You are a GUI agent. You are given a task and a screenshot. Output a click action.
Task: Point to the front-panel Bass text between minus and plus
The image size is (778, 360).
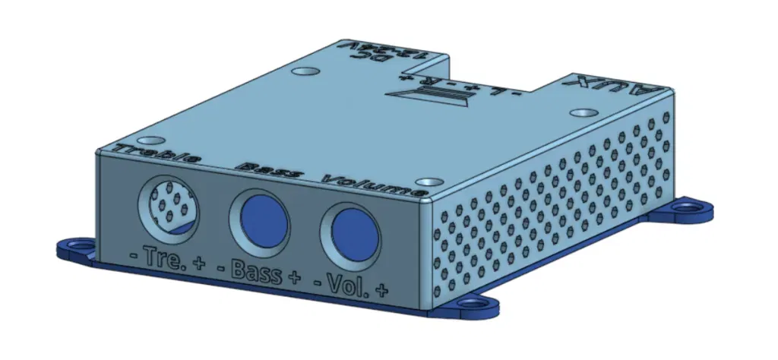(x=255, y=272)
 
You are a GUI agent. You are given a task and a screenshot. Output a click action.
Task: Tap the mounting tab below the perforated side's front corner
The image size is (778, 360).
(x=471, y=305)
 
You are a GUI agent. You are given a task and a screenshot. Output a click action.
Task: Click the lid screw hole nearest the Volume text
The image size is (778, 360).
(x=431, y=182)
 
